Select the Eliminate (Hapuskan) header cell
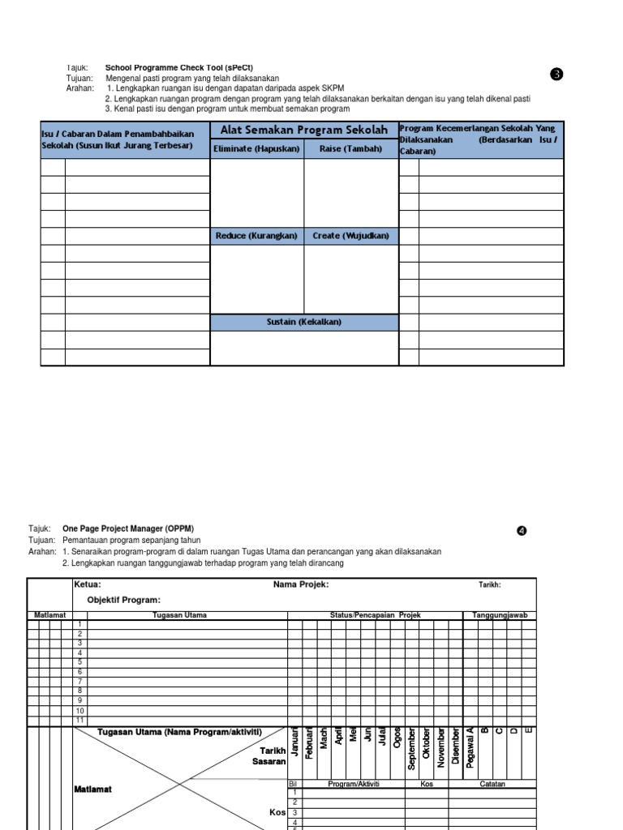257,149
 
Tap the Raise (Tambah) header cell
350,149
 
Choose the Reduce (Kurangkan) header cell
257,236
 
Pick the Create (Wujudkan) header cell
350,236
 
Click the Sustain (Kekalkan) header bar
304,323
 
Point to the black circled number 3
556,75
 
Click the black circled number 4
522,532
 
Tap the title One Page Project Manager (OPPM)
128,528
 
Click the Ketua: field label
88,584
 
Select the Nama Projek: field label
301,584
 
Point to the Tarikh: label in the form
488,584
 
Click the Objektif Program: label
124,600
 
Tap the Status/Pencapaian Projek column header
375,615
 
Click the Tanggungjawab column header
500,615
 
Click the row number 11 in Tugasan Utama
79,720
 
